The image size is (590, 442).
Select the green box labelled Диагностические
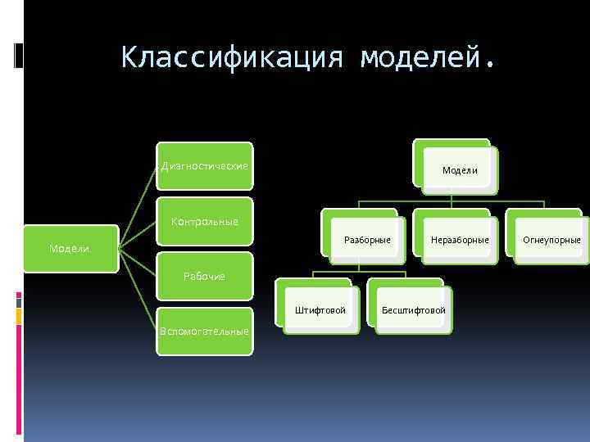(205, 166)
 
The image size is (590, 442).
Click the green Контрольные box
(205, 221)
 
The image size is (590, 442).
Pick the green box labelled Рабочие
(205, 276)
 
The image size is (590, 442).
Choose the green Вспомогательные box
(205, 331)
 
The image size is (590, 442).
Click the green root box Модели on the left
(70, 248)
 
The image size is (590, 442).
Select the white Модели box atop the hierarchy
(460, 170)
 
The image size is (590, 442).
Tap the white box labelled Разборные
(367, 240)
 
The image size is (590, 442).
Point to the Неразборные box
(460, 240)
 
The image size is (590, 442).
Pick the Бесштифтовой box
(414, 310)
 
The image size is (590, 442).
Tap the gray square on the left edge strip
(19, 301)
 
